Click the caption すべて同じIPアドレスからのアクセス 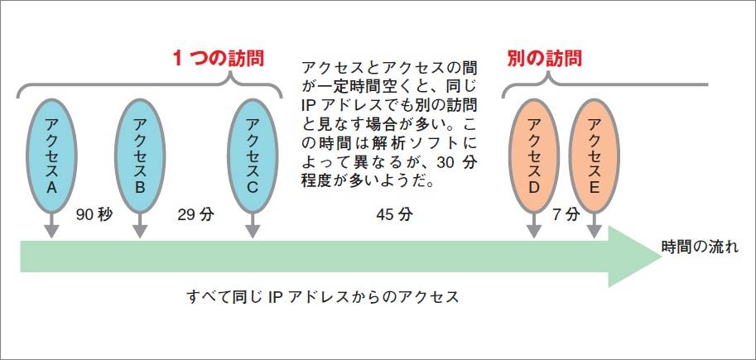pos(323,295)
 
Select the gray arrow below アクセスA pos(51,225)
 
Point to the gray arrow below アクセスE pos(595,225)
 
